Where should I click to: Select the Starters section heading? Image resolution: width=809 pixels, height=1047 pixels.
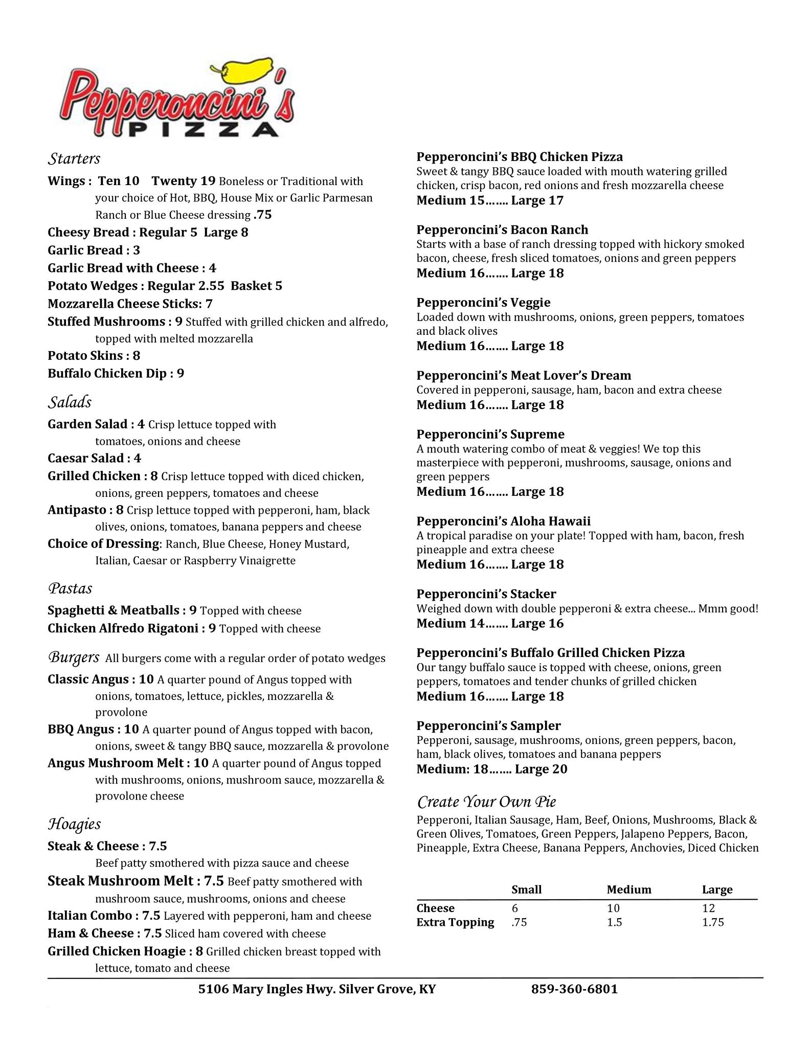pos(74,159)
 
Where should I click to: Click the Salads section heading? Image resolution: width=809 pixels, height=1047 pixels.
pos(70,402)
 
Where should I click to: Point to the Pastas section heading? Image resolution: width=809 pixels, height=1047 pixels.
pos(70,588)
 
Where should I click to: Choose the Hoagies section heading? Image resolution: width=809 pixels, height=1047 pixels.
pos(74,824)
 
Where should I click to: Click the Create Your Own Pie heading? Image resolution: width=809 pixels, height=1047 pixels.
pos(486,801)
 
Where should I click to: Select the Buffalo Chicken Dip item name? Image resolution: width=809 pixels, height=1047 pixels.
pos(107,374)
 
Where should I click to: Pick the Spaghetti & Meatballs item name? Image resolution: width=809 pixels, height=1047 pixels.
pos(113,610)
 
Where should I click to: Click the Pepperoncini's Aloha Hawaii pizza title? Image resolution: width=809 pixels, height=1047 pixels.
pos(503,521)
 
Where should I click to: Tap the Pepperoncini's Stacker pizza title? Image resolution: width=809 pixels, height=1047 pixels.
pos(486,594)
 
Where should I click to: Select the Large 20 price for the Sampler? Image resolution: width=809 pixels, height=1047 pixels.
pos(541,769)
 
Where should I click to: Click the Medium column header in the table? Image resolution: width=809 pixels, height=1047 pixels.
pos(629,890)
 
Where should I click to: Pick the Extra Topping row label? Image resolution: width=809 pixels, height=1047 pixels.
pos(455,922)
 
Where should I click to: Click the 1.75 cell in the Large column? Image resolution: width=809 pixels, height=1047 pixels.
pos(713,922)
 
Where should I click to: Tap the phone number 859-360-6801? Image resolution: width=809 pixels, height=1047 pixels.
pos(574,989)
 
